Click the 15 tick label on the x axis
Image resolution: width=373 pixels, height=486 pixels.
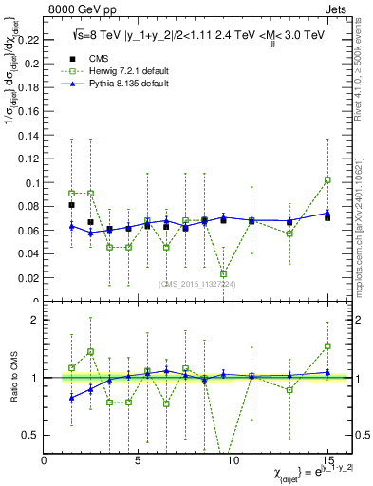click(x=327, y=460)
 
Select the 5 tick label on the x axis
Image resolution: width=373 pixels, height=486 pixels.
click(x=139, y=460)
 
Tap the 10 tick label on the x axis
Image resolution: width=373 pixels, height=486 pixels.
click(x=233, y=460)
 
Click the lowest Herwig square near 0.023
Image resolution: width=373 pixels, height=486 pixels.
click(x=224, y=274)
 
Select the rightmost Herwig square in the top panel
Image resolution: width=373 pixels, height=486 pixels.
click(x=327, y=179)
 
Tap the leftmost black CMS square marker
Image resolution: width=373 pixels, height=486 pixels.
click(x=72, y=205)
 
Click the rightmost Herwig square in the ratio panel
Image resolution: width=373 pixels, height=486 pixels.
click(x=327, y=346)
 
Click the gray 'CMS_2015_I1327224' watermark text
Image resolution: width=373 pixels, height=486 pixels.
click(x=197, y=283)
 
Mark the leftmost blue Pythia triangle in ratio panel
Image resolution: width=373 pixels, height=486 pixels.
click(x=72, y=398)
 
